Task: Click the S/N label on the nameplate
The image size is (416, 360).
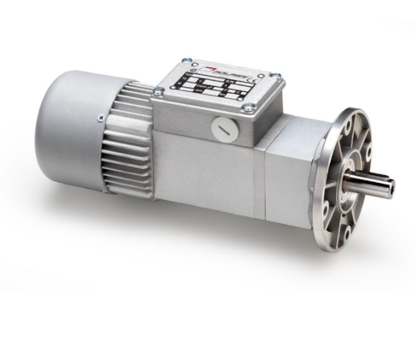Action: [x=229, y=81]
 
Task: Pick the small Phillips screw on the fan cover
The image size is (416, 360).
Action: [x=102, y=118]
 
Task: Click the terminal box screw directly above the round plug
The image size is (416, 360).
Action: [x=248, y=107]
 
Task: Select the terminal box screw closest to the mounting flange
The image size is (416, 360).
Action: [x=276, y=75]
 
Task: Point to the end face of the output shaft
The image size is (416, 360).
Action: [x=390, y=187]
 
